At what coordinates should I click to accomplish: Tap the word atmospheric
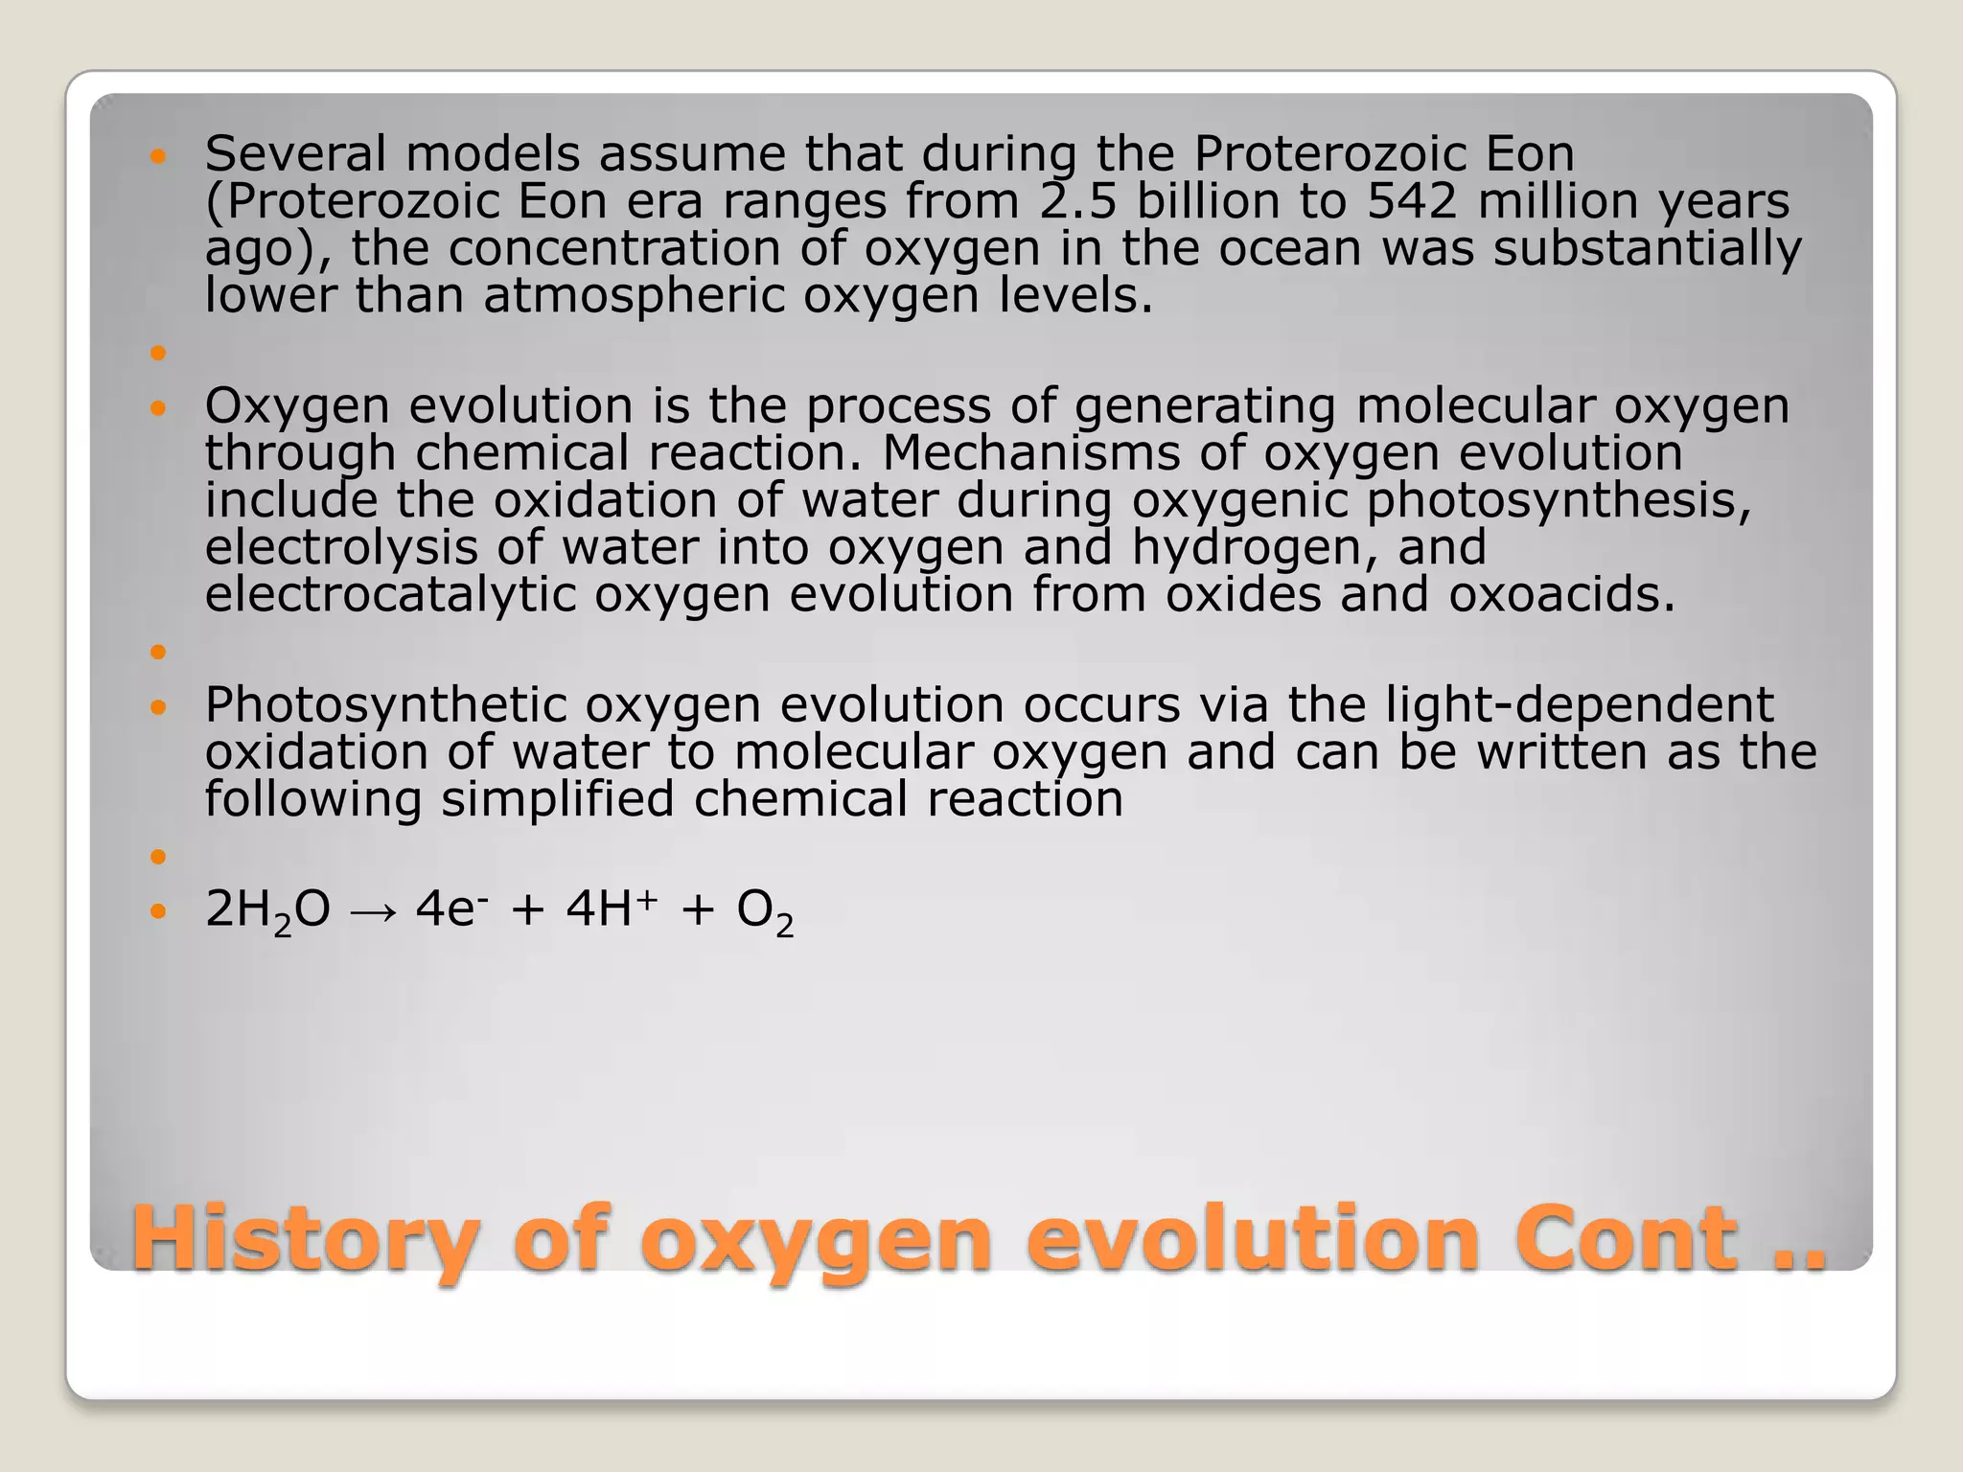point(634,295)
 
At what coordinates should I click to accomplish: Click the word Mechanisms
point(1030,452)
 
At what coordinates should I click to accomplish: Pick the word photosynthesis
point(1559,500)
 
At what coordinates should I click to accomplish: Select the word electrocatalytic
point(390,594)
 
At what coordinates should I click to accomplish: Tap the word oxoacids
point(1561,594)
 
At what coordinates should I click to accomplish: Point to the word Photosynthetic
point(385,705)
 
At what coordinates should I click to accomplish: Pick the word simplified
point(557,799)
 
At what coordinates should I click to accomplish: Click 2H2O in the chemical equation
point(267,909)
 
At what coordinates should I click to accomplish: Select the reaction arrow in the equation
point(373,910)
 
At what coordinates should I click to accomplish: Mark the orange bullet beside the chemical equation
point(158,910)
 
